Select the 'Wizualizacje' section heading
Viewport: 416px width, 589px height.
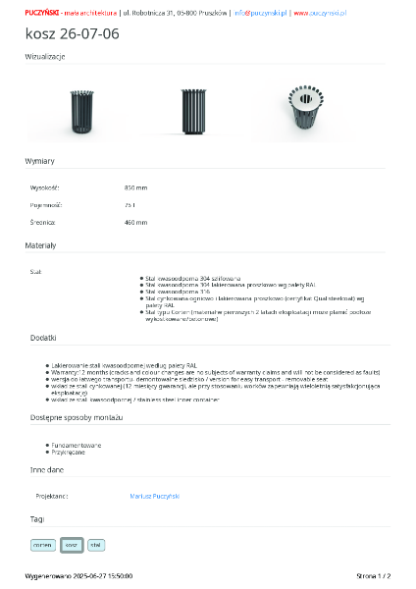(45, 57)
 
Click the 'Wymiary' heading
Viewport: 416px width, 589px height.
(40, 160)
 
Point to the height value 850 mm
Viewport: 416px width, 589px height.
(135, 187)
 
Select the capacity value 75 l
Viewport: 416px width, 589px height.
(130, 205)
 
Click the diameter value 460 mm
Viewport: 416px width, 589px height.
(135, 223)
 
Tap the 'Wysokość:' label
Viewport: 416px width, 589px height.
(45, 187)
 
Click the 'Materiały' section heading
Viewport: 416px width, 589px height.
(41, 244)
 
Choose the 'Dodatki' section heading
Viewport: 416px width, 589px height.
(43, 338)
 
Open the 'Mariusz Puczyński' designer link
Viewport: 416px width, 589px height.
(154, 497)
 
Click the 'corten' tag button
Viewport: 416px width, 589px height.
(43, 544)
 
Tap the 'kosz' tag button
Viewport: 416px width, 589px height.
(71, 544)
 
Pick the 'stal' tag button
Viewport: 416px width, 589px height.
(95, 544)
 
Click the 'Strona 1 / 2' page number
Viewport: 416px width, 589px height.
(372, 575)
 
